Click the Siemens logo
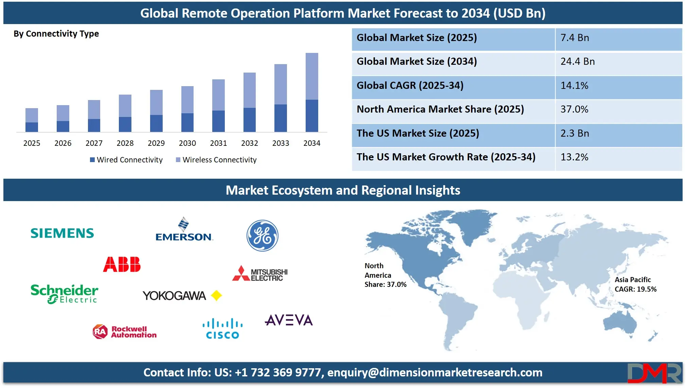62,233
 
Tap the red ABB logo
122,264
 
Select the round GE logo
262,236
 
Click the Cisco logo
222,328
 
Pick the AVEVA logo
289,320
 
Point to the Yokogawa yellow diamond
216,296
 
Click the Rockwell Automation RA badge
100,332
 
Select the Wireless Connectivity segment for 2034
312,76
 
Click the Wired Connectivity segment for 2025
32,127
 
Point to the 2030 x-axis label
187,143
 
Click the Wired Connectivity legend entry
126,160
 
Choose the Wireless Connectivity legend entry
216,160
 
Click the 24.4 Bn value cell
578,62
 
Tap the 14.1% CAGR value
574,85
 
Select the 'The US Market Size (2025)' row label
418,133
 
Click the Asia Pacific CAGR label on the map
635,285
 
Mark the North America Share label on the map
385,275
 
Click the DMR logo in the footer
654,373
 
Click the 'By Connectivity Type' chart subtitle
56,34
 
